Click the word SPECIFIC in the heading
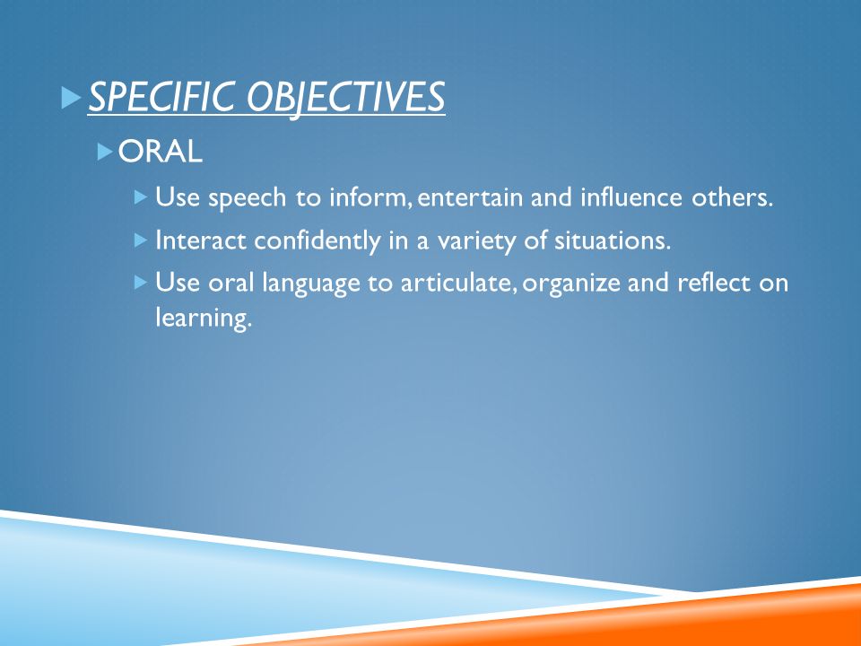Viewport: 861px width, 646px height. (163, 97)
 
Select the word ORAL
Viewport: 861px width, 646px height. (161, 151)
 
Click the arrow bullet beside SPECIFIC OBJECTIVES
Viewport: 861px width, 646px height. (72, 97)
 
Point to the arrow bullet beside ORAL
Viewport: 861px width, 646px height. (105, 152)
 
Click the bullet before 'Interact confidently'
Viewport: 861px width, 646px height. (141, 240)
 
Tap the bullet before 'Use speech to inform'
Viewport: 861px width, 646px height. (141, 196)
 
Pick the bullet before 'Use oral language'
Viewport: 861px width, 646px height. (141, 283)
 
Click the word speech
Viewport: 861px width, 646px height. (248, 198)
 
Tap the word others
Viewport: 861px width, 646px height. (732, 196)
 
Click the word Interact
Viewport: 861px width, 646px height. (201, 240)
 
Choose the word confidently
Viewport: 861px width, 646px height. (317, 241)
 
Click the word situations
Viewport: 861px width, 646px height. (613, 240)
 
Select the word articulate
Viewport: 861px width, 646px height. (458, 284)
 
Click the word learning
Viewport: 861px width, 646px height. (204, 319)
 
